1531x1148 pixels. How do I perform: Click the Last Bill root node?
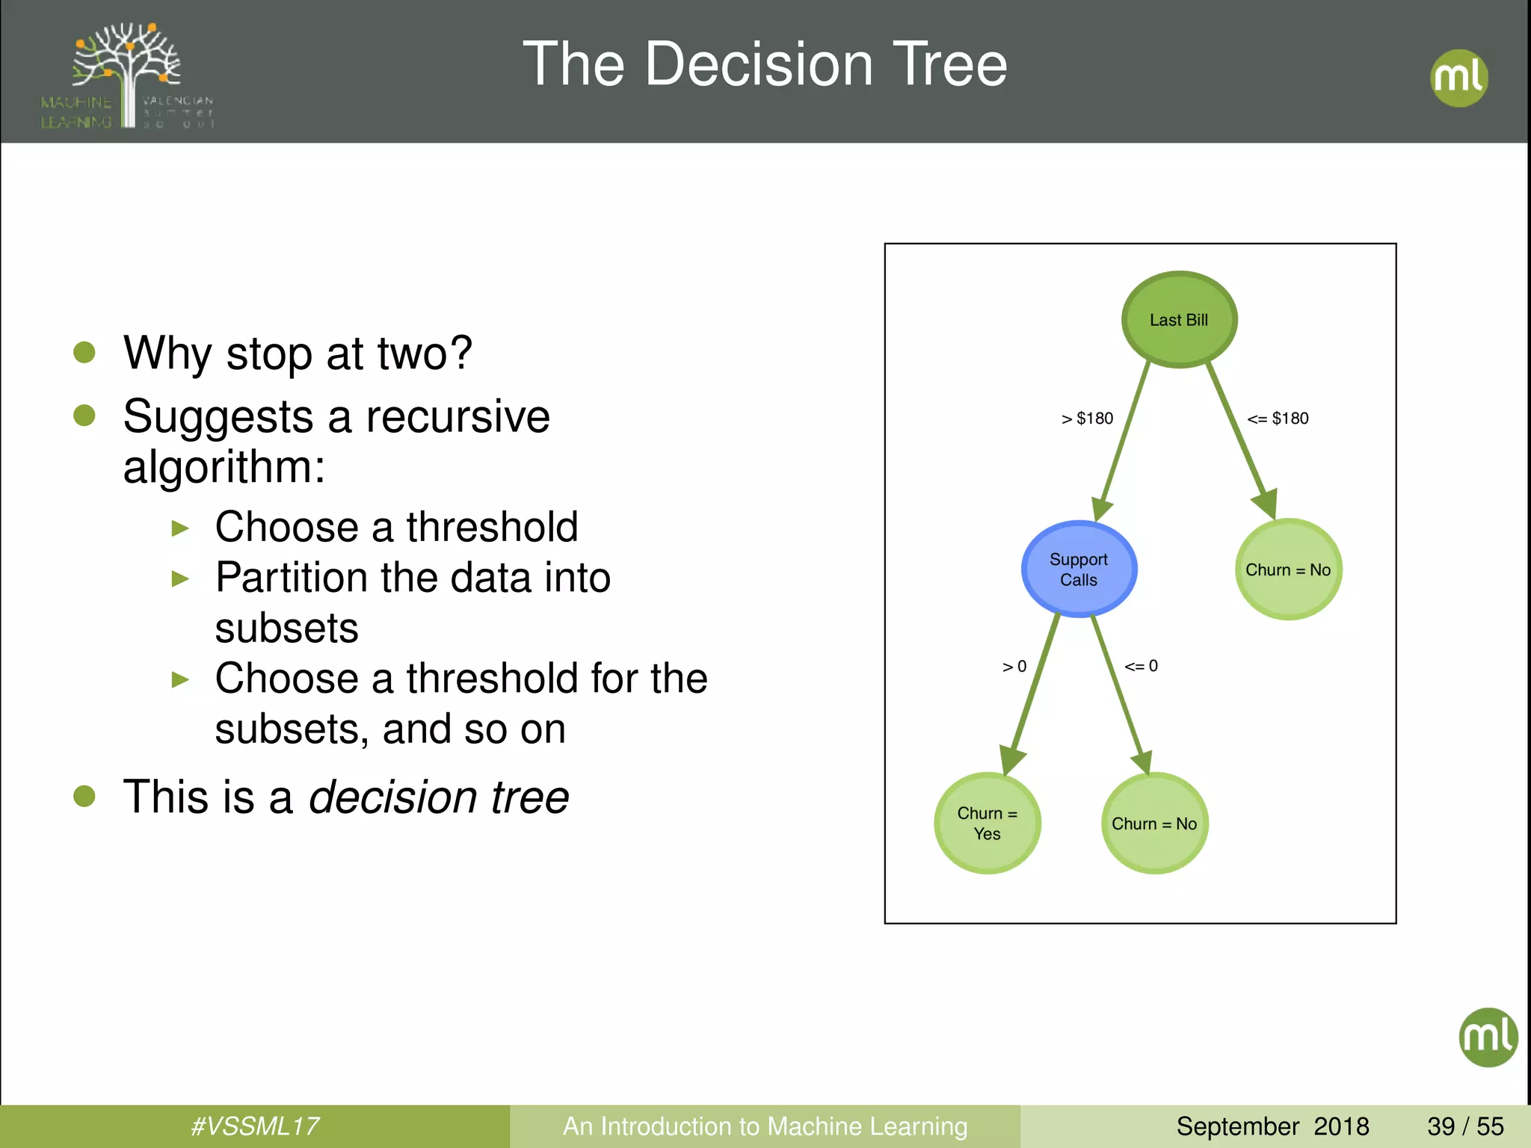click(1179, 319)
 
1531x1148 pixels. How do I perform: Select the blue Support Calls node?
click(1079, 570)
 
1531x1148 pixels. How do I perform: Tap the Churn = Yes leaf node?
click(987, 823)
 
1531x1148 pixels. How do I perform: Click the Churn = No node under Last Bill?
click(1288, 570)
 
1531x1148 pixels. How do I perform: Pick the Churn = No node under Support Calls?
click(1154, 823)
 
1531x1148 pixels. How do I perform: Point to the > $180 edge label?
click(1088, 419)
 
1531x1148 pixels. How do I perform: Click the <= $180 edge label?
click(1278, 419)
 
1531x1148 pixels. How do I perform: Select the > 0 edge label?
click(1014, 667)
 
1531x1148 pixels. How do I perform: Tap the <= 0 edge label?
click(1141, 666)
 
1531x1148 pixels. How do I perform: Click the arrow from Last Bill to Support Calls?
click(1125, 441)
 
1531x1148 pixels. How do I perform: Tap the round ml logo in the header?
click(1458, 78)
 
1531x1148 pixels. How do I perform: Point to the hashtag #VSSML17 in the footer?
click(255, 1126)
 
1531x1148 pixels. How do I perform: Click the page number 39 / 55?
click(1465, 1126)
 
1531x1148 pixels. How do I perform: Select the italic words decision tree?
click(439, 797)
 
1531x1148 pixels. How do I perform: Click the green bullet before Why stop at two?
click(84, 352)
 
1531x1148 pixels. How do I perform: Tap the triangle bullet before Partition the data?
click(180, 578)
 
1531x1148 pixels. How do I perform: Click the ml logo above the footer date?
click(1488, 1037)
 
